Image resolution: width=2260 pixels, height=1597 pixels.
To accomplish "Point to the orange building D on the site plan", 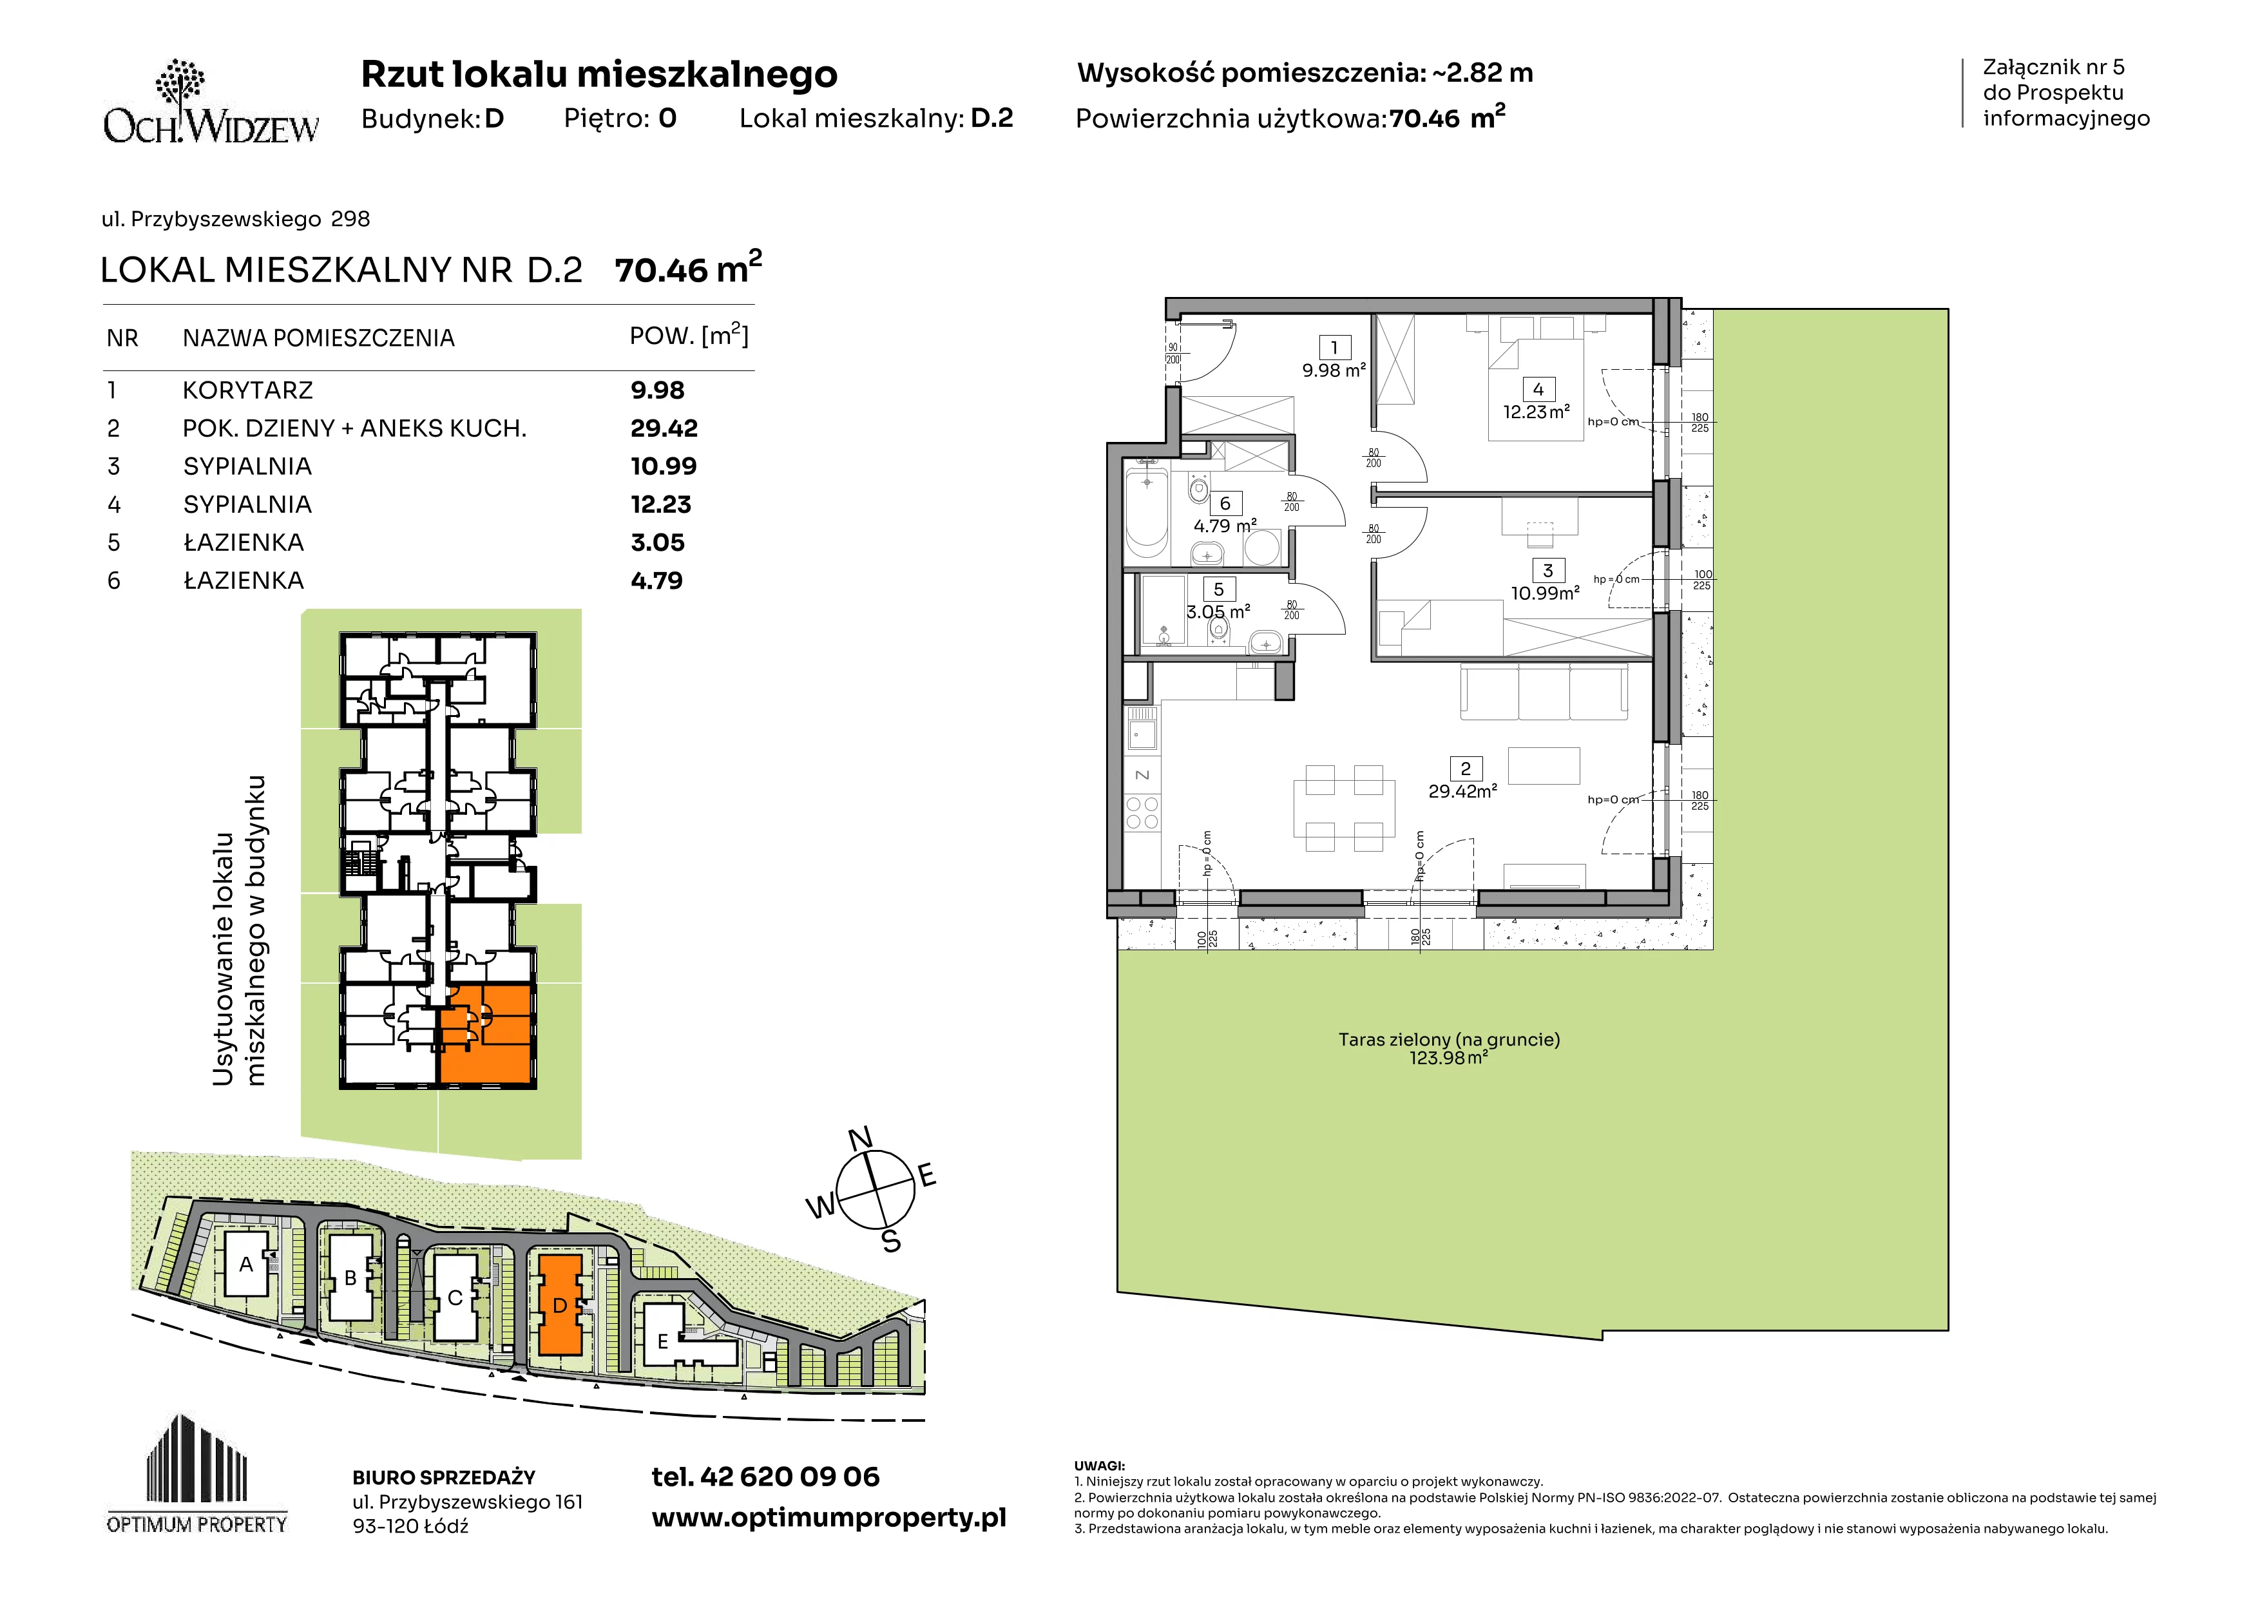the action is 559,1305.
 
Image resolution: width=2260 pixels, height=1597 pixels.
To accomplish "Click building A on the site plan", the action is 246,1265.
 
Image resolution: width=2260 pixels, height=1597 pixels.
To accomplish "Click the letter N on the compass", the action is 860,1138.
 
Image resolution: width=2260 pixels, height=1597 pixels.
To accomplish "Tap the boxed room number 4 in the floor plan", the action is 1538,390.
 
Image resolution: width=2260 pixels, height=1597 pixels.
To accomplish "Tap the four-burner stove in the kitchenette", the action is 1142,814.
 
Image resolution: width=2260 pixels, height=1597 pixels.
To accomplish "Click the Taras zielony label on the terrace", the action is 1449,1039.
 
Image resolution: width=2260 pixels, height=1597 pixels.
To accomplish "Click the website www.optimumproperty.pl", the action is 828,1518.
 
